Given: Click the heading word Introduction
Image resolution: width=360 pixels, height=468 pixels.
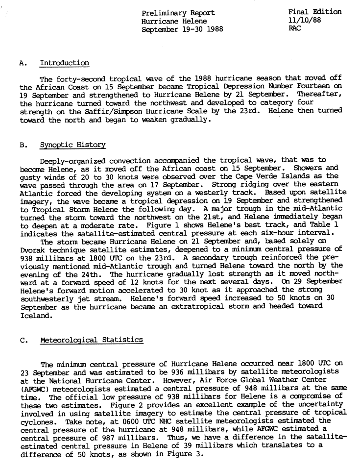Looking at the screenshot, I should (x=64, y=63).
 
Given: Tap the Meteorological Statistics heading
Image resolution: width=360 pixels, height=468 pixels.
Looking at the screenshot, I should (x=92, y=340).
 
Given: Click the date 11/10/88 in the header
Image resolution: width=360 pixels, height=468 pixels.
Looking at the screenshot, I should (x=305, y=21).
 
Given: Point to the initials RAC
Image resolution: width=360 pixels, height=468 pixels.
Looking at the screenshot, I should (x=295, y=28).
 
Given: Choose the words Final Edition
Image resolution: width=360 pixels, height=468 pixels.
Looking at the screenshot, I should (x=315, y=12).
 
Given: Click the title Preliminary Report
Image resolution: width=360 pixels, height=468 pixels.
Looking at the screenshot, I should (x=178, y=13).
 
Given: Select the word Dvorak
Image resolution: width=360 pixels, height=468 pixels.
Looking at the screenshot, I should (x=33, y=249).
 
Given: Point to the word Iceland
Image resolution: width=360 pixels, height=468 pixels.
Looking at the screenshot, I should (x=35, y=316).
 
